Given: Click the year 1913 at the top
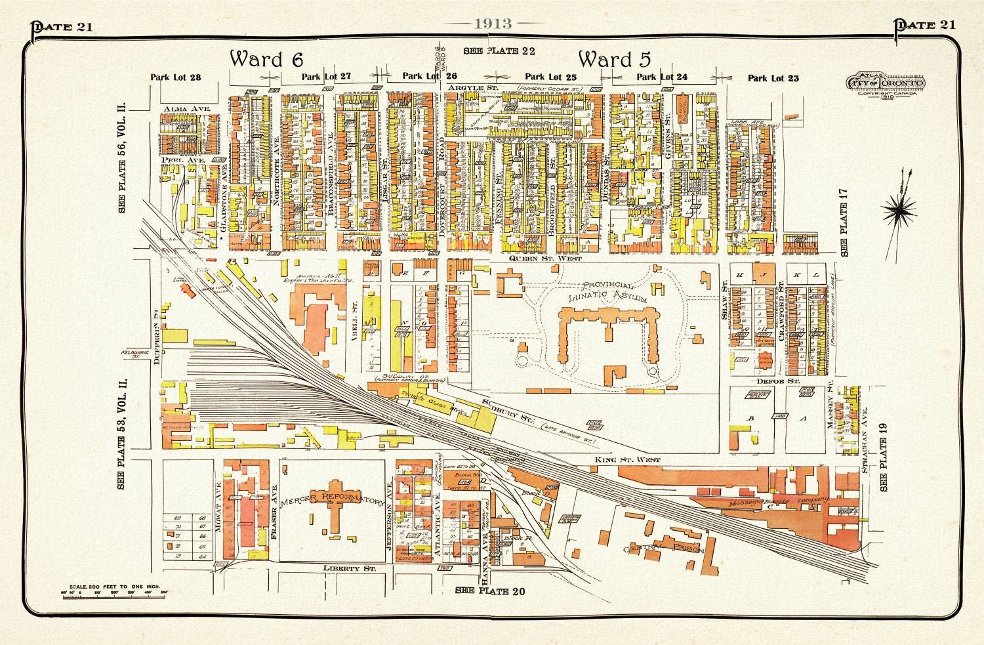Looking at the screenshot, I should coord(492,23).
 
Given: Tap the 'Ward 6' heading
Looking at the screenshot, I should coord(266,59).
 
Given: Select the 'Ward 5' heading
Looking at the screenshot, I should coord(615,60).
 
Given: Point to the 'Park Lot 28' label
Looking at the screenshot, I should coord(175,77).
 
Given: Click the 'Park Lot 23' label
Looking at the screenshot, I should coord(773,78).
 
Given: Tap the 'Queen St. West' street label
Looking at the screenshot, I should coord(537,259).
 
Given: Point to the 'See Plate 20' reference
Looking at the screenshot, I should coord(491,591).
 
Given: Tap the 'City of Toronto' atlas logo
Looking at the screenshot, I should coord(887,84).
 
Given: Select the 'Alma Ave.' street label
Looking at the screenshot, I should coord(177,108).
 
